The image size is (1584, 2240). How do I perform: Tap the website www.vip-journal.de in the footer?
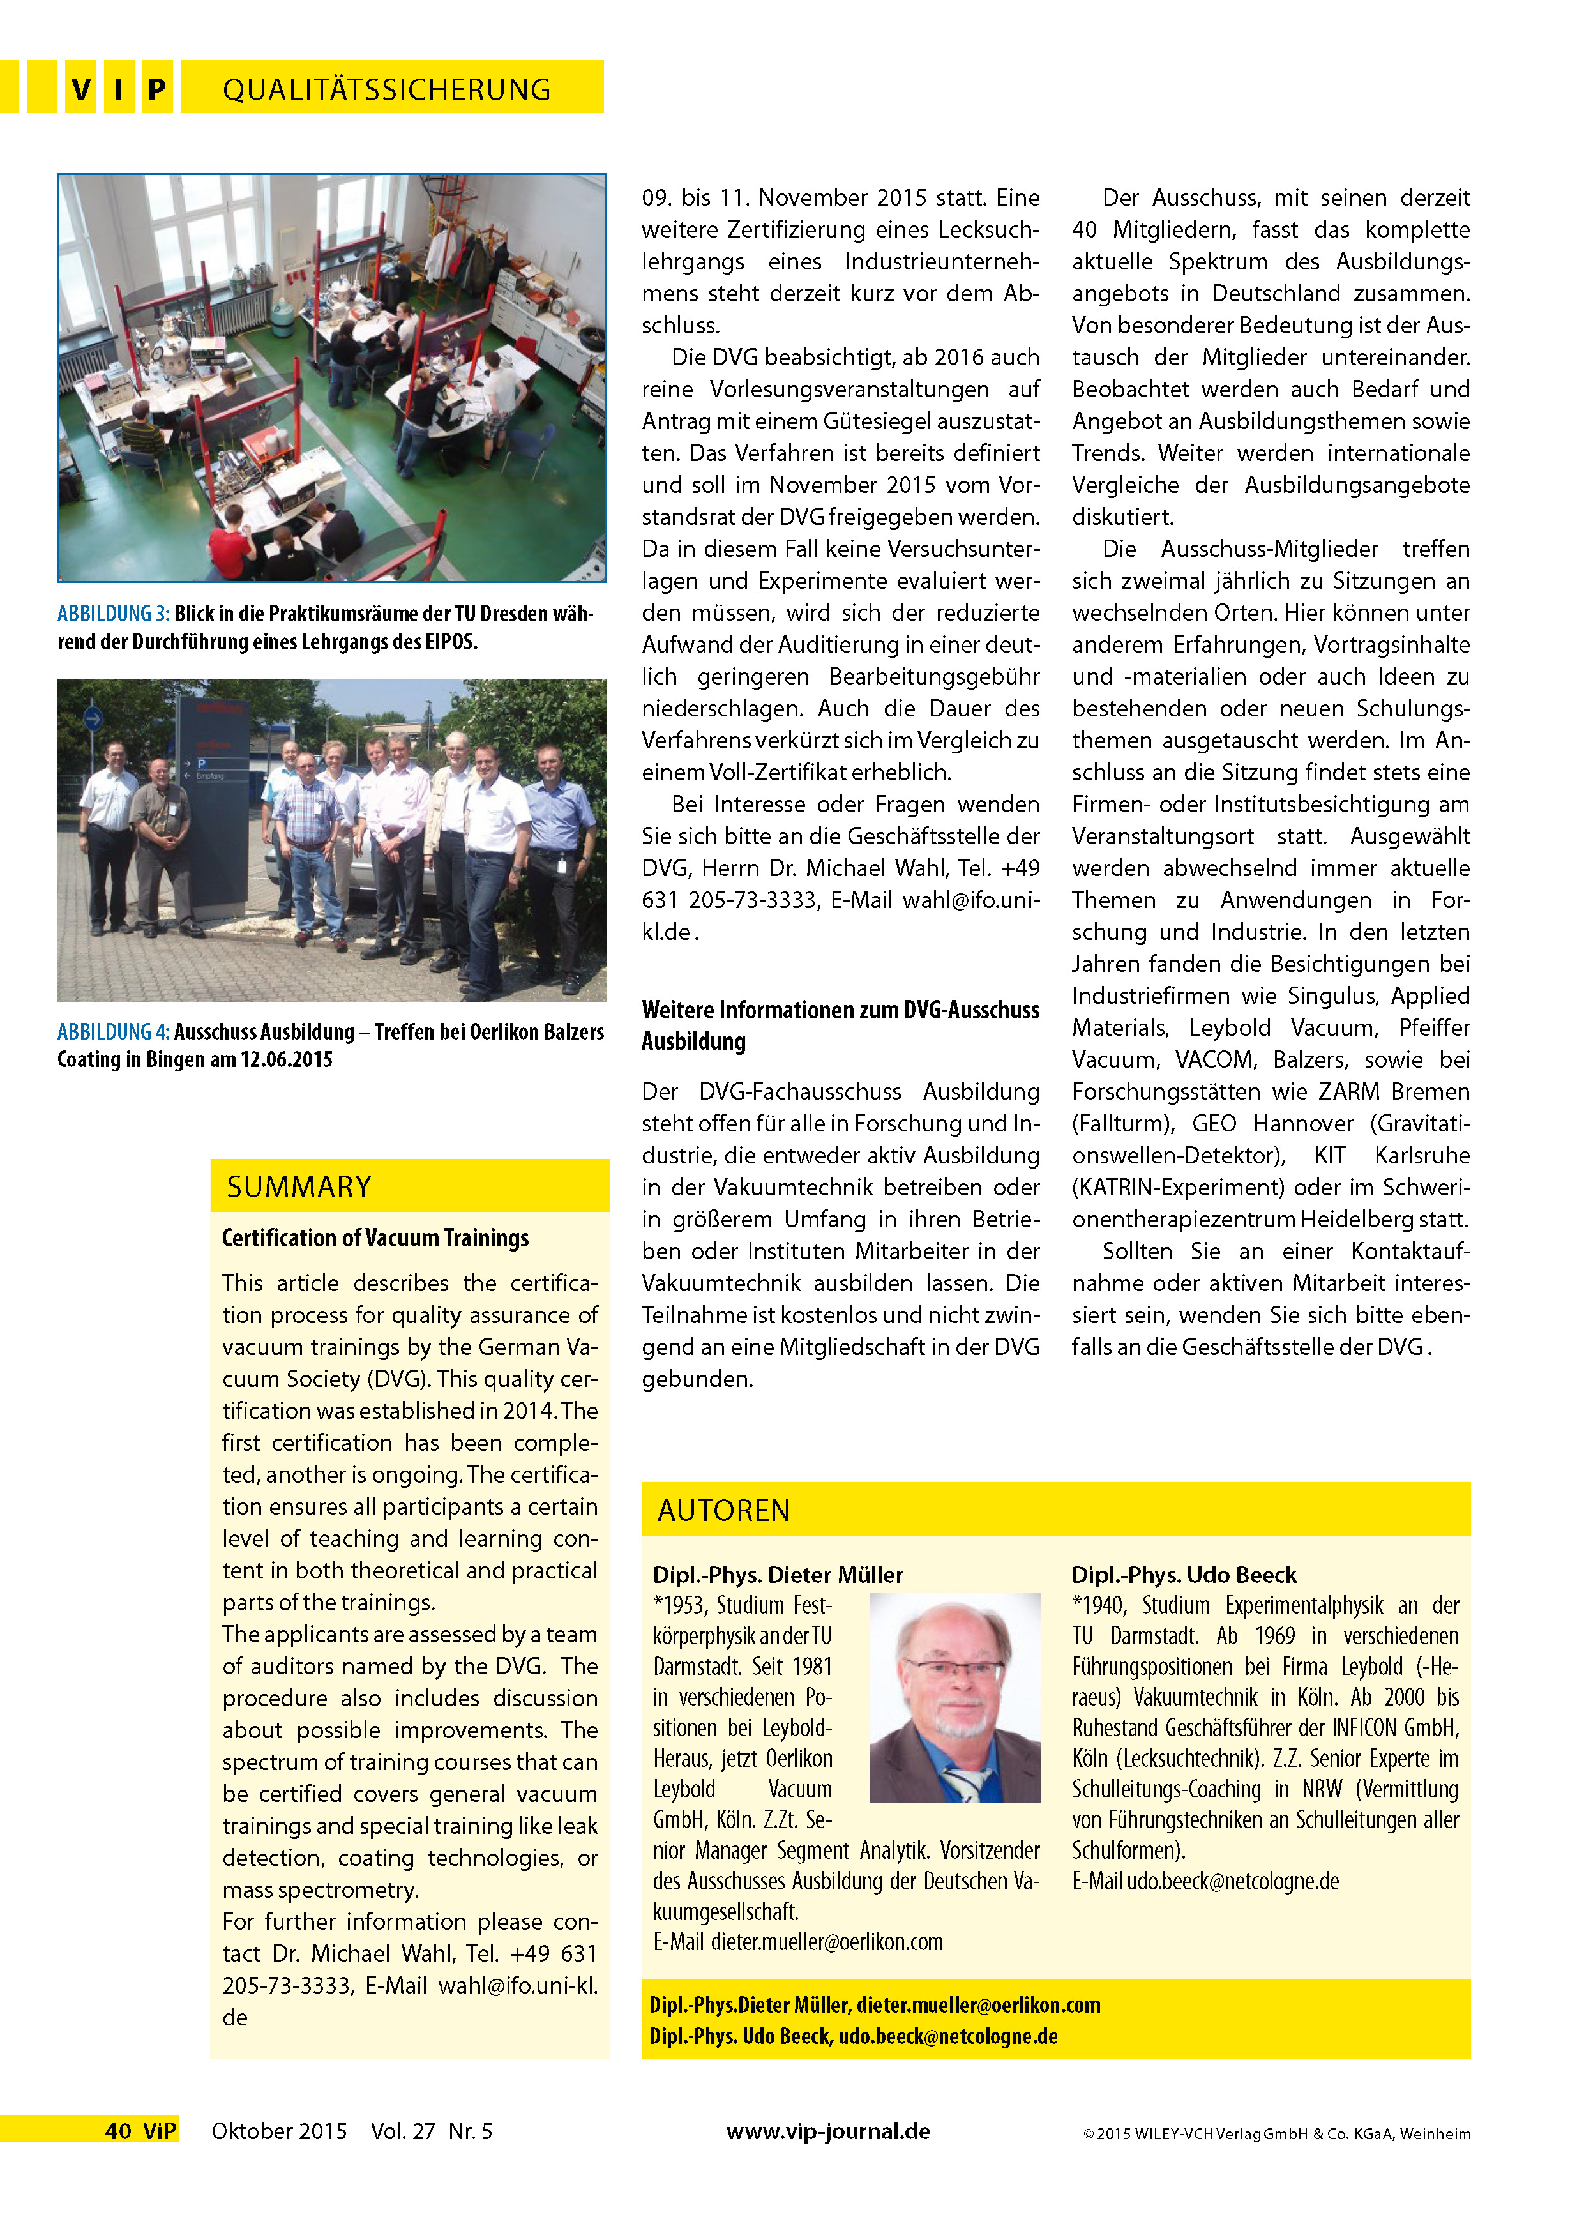[828, 2131]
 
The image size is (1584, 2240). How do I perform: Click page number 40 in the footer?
[118, 2131]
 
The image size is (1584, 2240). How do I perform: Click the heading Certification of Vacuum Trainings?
[375, 1238]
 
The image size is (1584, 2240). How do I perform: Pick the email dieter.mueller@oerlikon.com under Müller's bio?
[826, 1941]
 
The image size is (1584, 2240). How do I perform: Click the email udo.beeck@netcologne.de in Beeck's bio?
[1233, 1881]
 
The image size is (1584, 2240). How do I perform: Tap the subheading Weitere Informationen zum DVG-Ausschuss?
[840, 1010]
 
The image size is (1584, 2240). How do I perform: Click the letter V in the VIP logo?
[81, 90]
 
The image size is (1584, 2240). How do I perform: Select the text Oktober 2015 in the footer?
[279, 2131]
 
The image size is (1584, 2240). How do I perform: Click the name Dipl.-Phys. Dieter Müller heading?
[778, 1575]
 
